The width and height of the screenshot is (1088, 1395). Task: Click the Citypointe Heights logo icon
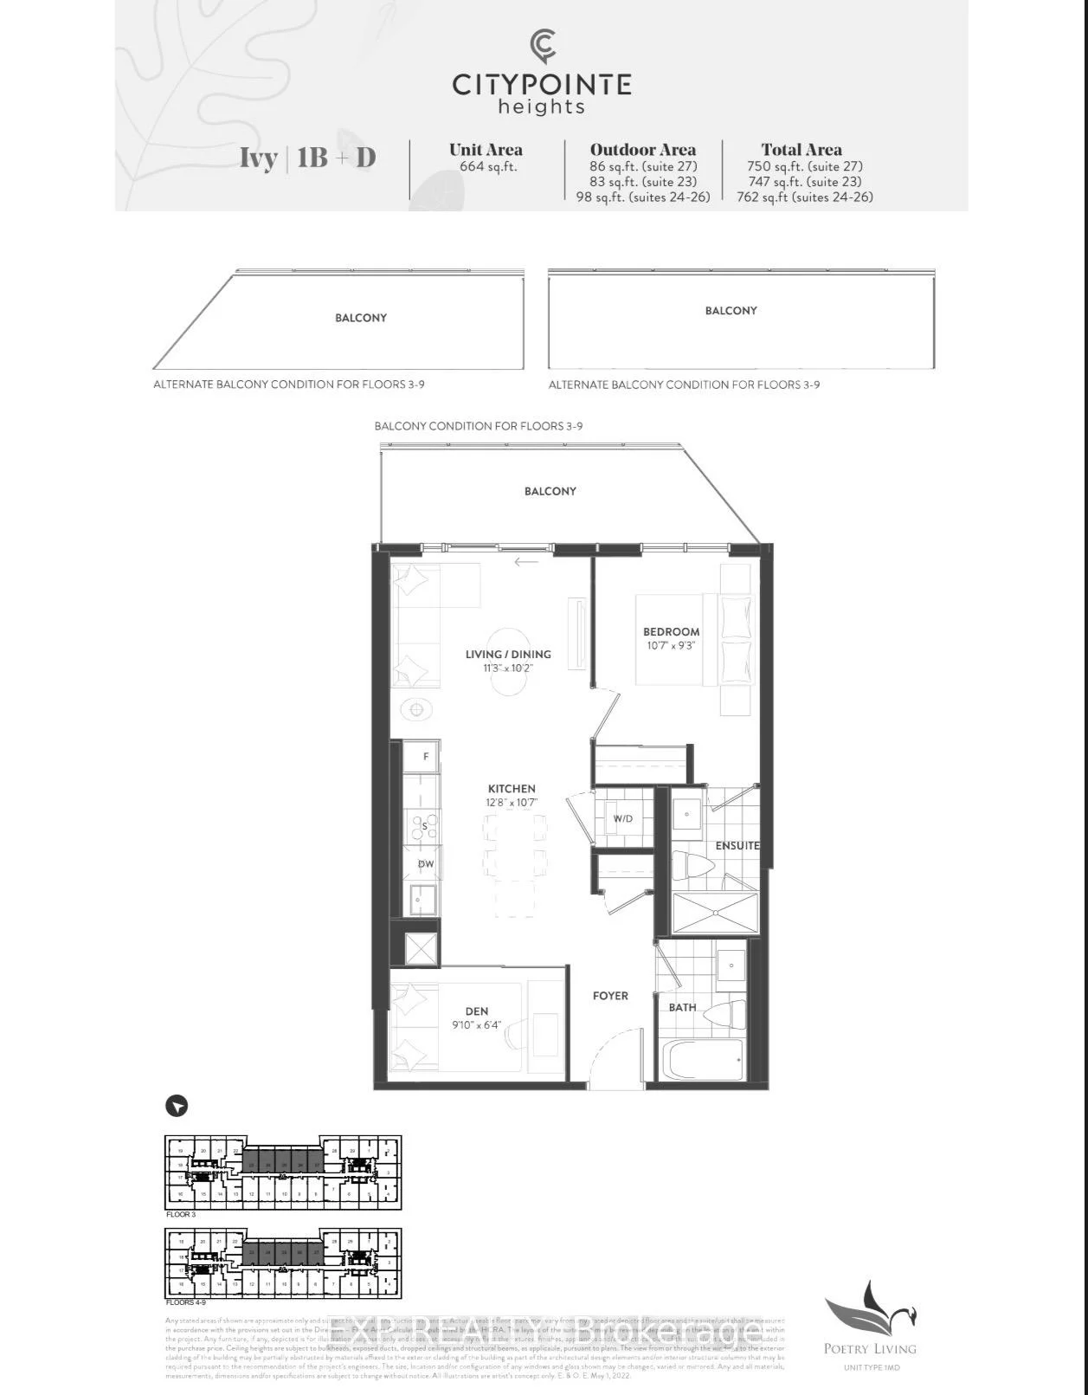pos(543,46)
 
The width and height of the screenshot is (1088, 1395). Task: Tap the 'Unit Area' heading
pos(486,150)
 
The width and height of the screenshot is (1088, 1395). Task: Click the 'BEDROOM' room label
pos(672,632)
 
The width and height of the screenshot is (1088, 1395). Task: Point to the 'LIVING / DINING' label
pos(508,655)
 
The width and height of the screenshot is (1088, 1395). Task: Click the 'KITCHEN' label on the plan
pos(512,789)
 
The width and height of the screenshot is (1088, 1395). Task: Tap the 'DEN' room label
pos(477,1011)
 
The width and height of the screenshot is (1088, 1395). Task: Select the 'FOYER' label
pos(610,996)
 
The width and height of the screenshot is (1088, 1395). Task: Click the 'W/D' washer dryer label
pos(623,818)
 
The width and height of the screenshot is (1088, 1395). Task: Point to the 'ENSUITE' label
pos(737,845)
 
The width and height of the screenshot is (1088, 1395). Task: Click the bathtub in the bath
pos(703,1059)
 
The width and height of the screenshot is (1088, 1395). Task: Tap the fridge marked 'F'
pos(426,757)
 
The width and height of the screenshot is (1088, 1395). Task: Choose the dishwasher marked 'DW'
pos(426,864)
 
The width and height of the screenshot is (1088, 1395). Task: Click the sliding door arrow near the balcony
pos(526,562)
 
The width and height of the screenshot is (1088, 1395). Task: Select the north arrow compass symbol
pos(177,1106)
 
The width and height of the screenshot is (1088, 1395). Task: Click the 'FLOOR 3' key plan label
pos(181,1215)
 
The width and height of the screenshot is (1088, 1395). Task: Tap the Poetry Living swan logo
pos(870,1311)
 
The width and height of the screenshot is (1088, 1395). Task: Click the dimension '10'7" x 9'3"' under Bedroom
pos(672,646)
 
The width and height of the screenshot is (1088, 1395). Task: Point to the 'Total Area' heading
pos(801,150)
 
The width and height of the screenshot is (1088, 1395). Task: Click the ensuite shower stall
pos(715,913)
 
